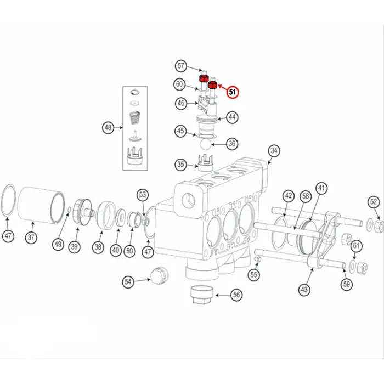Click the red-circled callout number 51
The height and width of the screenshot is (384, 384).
coord(233,92)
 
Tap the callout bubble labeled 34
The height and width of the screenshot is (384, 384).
coord(274,150)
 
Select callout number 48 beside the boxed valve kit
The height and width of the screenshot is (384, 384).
coord(108,128)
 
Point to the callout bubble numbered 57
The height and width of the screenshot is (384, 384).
coord(181,66)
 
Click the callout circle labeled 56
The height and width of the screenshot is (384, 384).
coord(236,295)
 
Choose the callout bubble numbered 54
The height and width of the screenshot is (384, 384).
coord(128,281)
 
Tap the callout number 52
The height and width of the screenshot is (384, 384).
coord(374,202)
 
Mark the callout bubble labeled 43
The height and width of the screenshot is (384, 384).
coord(304,289)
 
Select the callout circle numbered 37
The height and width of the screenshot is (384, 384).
coord(32,238)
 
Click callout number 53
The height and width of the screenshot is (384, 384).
coord(143,194)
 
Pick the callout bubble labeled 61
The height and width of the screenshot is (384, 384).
coord(356,245)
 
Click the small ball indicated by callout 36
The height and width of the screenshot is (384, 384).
coord(204,144)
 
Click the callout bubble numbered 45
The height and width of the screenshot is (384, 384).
coord(180,131)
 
